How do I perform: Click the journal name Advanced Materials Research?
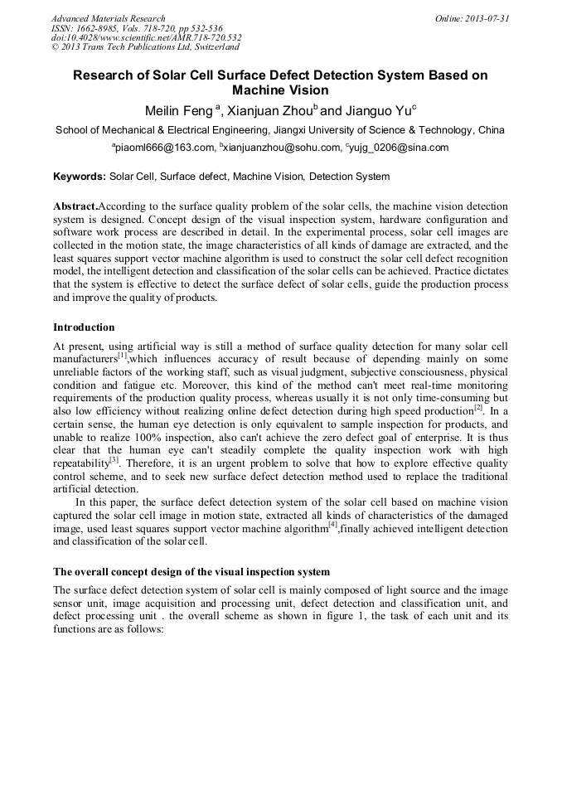click(108, 18)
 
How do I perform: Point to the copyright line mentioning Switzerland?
click(144, 47)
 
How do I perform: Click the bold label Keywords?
click(80, 177)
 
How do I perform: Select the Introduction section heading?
click(84, 327)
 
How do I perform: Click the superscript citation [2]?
click(478, 407)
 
